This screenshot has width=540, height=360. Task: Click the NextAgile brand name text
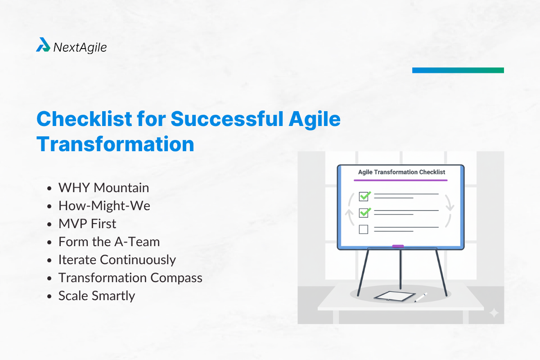point(80,47)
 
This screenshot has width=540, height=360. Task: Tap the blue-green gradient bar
point(458,70)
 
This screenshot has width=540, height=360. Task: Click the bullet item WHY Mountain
point(103,188)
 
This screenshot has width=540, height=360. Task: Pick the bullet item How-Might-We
point(104,206)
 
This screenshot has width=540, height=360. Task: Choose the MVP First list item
point(87,224)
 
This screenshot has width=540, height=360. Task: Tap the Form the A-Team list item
point(109,242)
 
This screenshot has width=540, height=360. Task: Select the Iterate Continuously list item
point(117,260)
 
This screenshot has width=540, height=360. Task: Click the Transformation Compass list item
point(130,278)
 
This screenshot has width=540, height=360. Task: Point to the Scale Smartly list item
point(96,296)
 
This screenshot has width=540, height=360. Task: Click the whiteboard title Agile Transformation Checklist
point(401,172)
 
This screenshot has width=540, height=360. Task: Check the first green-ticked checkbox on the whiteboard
point(364,196)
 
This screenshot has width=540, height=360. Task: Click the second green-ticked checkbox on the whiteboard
point(364,212)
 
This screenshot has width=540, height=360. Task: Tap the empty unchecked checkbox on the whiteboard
point(364,229)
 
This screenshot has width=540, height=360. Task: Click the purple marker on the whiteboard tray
point(398,246)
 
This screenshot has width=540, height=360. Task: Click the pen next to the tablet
point(421,297)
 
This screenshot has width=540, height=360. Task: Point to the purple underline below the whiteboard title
point(400,180)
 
